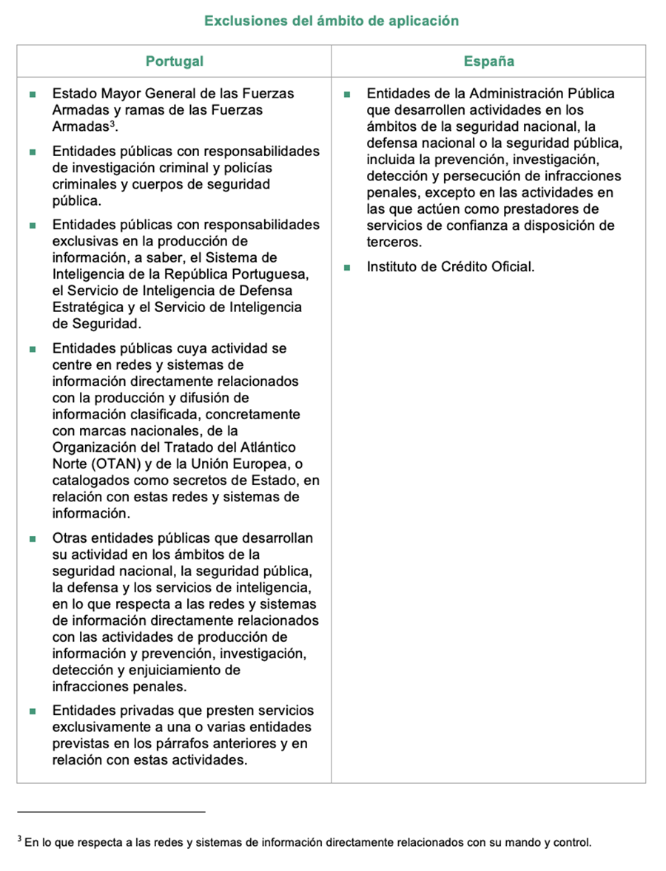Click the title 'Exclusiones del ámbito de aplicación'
(332, 21)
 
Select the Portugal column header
(174, 61)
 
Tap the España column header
(488, 61)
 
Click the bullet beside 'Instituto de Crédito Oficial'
(346, 268)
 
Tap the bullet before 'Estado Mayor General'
(33, 95)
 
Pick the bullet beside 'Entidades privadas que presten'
(33, 711)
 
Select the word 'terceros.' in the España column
(394, 243)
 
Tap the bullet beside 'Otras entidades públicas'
(33, 538)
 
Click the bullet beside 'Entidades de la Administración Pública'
(346, 95)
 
